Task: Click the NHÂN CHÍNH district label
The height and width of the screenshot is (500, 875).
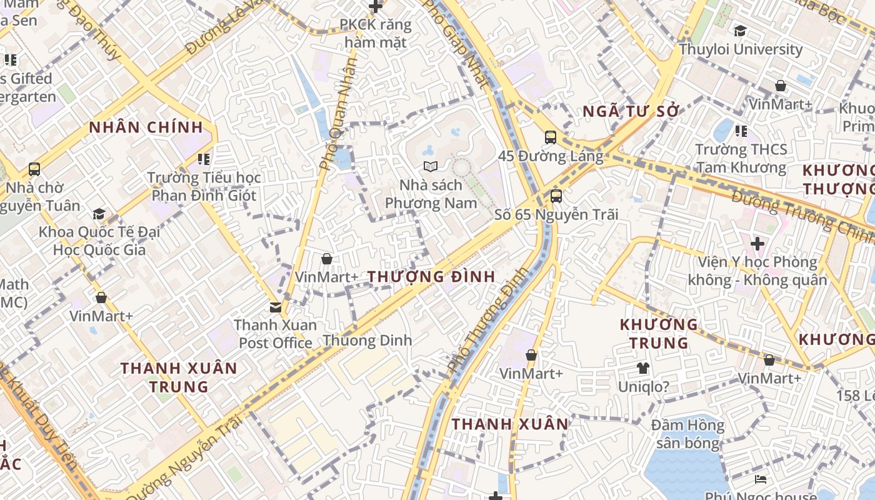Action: pos(146,127)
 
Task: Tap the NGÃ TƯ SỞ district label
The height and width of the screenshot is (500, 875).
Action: pos(631,112)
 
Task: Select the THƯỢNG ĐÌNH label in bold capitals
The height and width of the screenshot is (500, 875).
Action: pos(431,276)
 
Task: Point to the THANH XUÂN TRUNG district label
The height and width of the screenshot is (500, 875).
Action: pos(179,377)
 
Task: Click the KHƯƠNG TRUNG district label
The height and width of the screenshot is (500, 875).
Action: pos(659,333)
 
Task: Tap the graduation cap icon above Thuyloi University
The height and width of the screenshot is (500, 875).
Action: pos(740,31)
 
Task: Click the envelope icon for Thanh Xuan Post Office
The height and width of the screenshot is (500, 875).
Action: pos(275,307)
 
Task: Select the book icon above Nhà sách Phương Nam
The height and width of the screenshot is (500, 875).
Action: pos(430,166)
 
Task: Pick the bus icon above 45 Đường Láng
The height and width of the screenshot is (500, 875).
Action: pos(550,137)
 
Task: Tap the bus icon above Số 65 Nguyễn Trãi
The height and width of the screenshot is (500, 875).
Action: pos(556,196)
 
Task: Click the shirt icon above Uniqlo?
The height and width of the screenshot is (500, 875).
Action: pos(642,368)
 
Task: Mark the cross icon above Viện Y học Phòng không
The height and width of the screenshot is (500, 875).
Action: pos(757,243)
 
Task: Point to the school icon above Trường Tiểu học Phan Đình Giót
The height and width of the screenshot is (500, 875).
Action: pos(203,159)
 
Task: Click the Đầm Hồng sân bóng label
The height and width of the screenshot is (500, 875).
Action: pos(687,434)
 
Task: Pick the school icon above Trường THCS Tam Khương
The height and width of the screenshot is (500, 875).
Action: pos(741,131)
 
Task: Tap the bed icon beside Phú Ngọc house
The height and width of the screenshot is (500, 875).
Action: pos(761,479)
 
